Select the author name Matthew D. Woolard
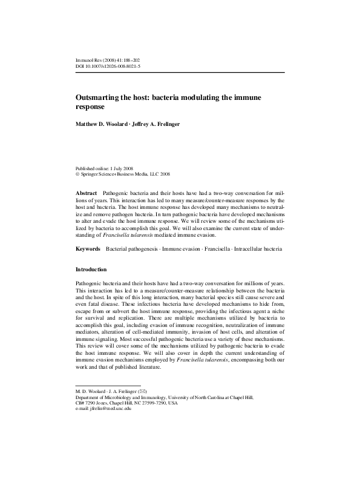pos(100,124)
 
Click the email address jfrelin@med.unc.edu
pos(112,409)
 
